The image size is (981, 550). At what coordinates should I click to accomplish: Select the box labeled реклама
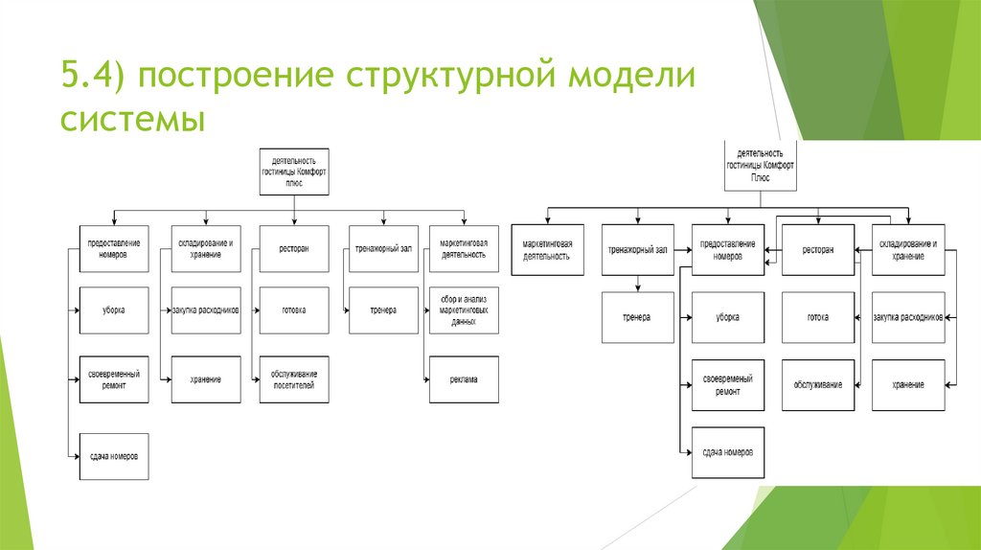[x=464, y=379]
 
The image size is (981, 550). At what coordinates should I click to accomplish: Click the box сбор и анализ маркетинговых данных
[x=464, y=310]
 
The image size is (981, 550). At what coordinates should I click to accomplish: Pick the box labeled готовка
[x=293, y=310]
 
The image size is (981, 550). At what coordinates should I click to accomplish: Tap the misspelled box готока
[x=817, y=317]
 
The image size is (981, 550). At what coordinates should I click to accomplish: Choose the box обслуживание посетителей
[x=293, y=379]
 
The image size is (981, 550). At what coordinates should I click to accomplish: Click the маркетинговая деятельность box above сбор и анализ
[x=464, y=248]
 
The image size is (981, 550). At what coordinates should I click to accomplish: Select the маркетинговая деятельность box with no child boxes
[x=547, y=250]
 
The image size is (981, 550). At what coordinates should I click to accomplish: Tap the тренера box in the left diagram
[x=383, y=310]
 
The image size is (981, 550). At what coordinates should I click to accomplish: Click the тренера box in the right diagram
[x=636, y=317]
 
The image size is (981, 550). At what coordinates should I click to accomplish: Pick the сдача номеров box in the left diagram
[x=114, y=454]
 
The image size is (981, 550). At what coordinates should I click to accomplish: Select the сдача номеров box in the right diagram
[x=727, y=452]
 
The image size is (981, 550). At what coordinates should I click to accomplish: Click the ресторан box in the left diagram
[x=293, y=248]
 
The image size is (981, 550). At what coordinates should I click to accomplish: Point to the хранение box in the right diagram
[x=908, y=384]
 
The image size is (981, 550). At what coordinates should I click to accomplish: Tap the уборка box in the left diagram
[x=114, y=310]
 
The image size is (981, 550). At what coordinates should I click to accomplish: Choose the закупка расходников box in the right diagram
[x=908, y=317]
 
